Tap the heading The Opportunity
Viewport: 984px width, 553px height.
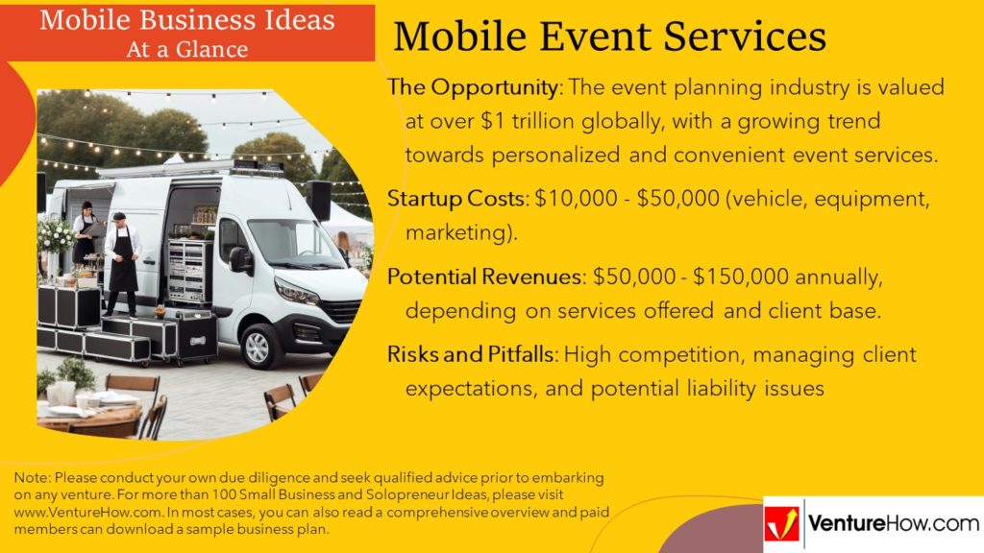point(473,87)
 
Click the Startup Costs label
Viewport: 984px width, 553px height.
point(456,199)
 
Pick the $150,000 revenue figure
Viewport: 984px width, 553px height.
point(741,276)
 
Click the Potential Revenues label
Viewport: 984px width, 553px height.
point(485,276)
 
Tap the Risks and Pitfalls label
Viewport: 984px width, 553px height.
point(471,354)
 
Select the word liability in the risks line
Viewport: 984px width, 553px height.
point(721,389)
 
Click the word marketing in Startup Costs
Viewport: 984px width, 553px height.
point(457,233)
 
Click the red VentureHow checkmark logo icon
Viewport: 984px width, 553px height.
point(782,524)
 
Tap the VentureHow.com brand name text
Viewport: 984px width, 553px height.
point(894,523)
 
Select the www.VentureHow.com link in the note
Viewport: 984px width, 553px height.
point(87,513)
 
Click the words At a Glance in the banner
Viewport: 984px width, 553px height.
point(187,50)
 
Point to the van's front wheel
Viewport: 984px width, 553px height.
point(259,347)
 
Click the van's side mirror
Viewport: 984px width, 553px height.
point(239,259)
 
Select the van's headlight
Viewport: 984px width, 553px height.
point(296,292)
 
